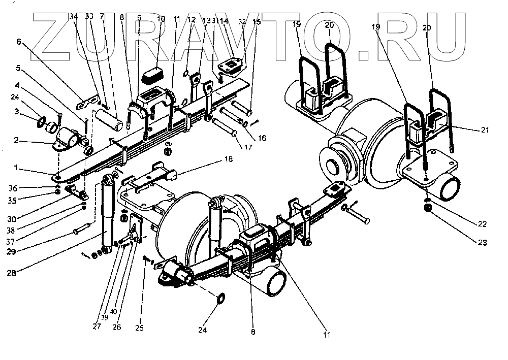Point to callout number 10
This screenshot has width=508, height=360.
tap(161, 19)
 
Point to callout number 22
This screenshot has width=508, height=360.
tap(482, 224)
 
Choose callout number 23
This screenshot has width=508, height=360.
tap(482, 243)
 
